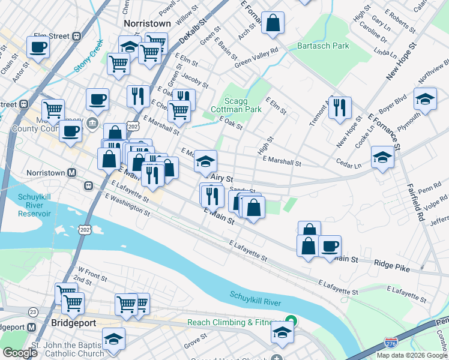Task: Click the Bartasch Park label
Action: (x=324, y=46)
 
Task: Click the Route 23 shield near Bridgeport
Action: (x=32, y=311)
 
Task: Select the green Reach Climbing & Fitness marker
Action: (x=291, y=321)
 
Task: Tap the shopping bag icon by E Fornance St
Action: (x=273, y=23)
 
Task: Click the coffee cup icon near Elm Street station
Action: (x=38, y=47)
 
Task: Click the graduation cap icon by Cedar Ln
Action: (x=382, y=157)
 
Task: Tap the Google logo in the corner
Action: (x=20, y=353)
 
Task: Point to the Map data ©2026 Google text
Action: (x=412, y=355)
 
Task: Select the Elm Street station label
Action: (x=52, y=36)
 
